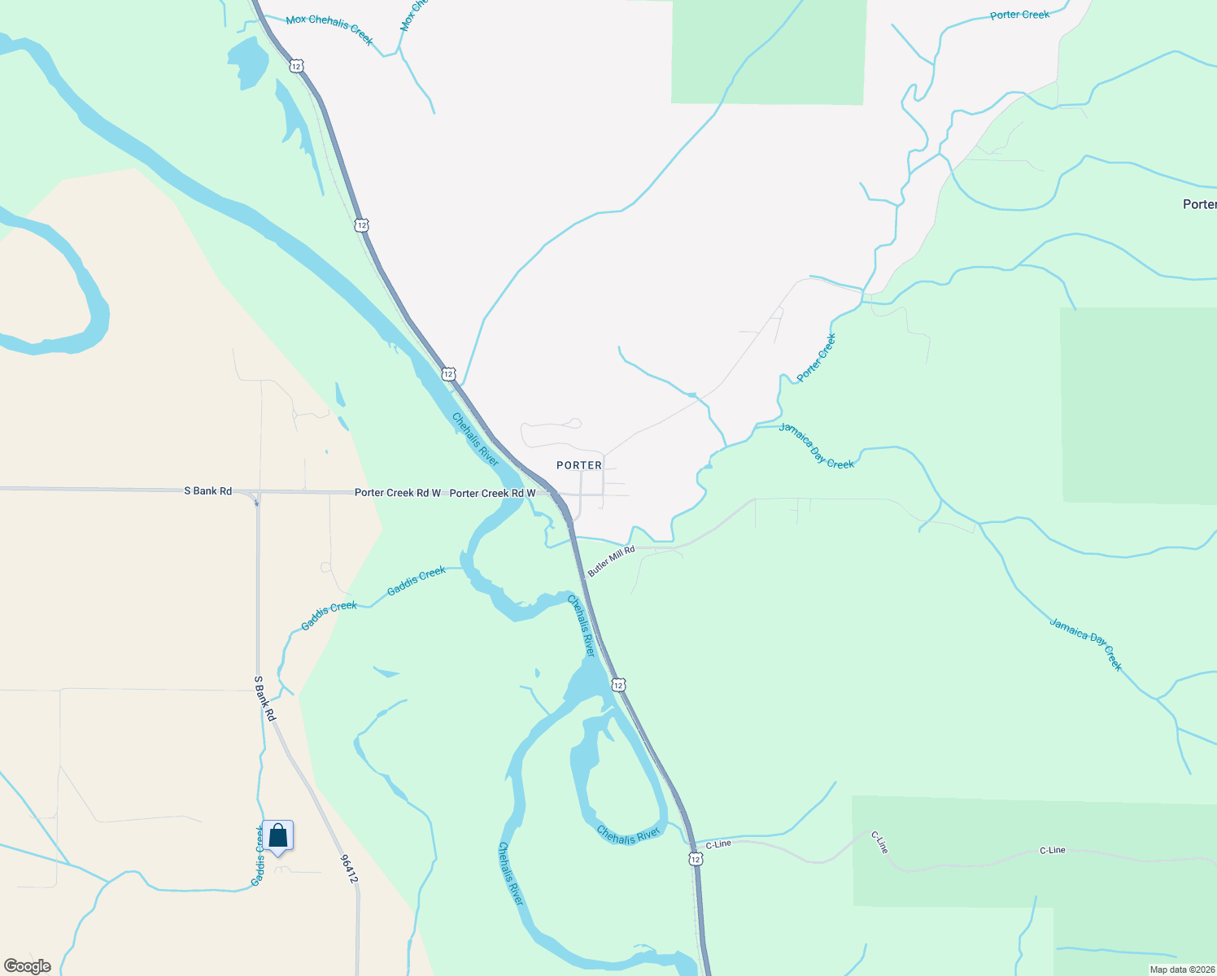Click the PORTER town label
coord(579,465)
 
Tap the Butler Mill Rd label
coord(611,562)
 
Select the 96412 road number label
coord(349,868)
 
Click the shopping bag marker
coord(277,836)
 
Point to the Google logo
coord(28,966)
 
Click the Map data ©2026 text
coord(1182,969)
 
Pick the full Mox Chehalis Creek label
coord(329,28)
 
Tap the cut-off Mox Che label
coord(413,15)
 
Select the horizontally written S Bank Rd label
coord(208,491)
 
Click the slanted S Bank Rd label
coord(265,698)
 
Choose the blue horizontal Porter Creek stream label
coord(1019,15)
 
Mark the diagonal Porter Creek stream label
coord(816,358)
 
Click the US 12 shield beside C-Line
coord(695,859)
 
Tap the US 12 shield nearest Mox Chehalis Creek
coord(297,65)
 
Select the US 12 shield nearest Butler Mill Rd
coord(619,685)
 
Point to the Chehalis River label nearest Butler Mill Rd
coord(582,625)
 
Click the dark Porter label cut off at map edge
coord(1199,204)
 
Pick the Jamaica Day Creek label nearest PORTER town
coord(816,446)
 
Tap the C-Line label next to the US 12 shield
coord(718,844)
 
